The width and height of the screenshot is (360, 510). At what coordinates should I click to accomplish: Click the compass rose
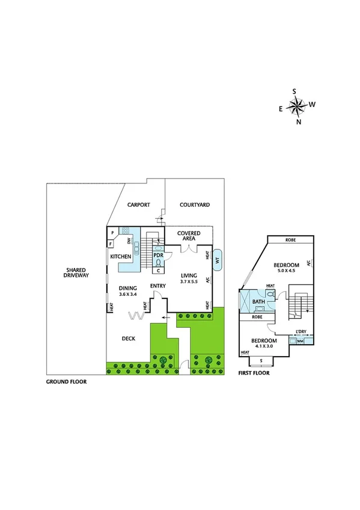point(296,106)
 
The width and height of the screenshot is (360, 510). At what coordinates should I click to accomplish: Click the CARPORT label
point(138,205)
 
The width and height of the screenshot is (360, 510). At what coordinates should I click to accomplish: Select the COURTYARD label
point(195,205)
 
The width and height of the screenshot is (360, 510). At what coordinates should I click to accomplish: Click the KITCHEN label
point(121,257)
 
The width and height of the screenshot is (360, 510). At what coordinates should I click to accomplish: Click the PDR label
point(159,255)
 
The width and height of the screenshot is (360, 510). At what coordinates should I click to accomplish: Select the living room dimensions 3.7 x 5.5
point(189,281)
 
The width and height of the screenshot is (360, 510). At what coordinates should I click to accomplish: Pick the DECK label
point(127,339)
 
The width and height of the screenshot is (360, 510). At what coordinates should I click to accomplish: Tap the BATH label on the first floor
point(258,301)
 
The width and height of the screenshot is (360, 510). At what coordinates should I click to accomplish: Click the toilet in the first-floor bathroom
point(272,295)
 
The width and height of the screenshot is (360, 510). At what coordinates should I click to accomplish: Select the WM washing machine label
point(299,342)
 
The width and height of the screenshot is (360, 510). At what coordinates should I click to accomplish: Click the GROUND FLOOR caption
point(66,382)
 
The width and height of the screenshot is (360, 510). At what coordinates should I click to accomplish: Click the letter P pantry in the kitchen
point(111,231)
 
